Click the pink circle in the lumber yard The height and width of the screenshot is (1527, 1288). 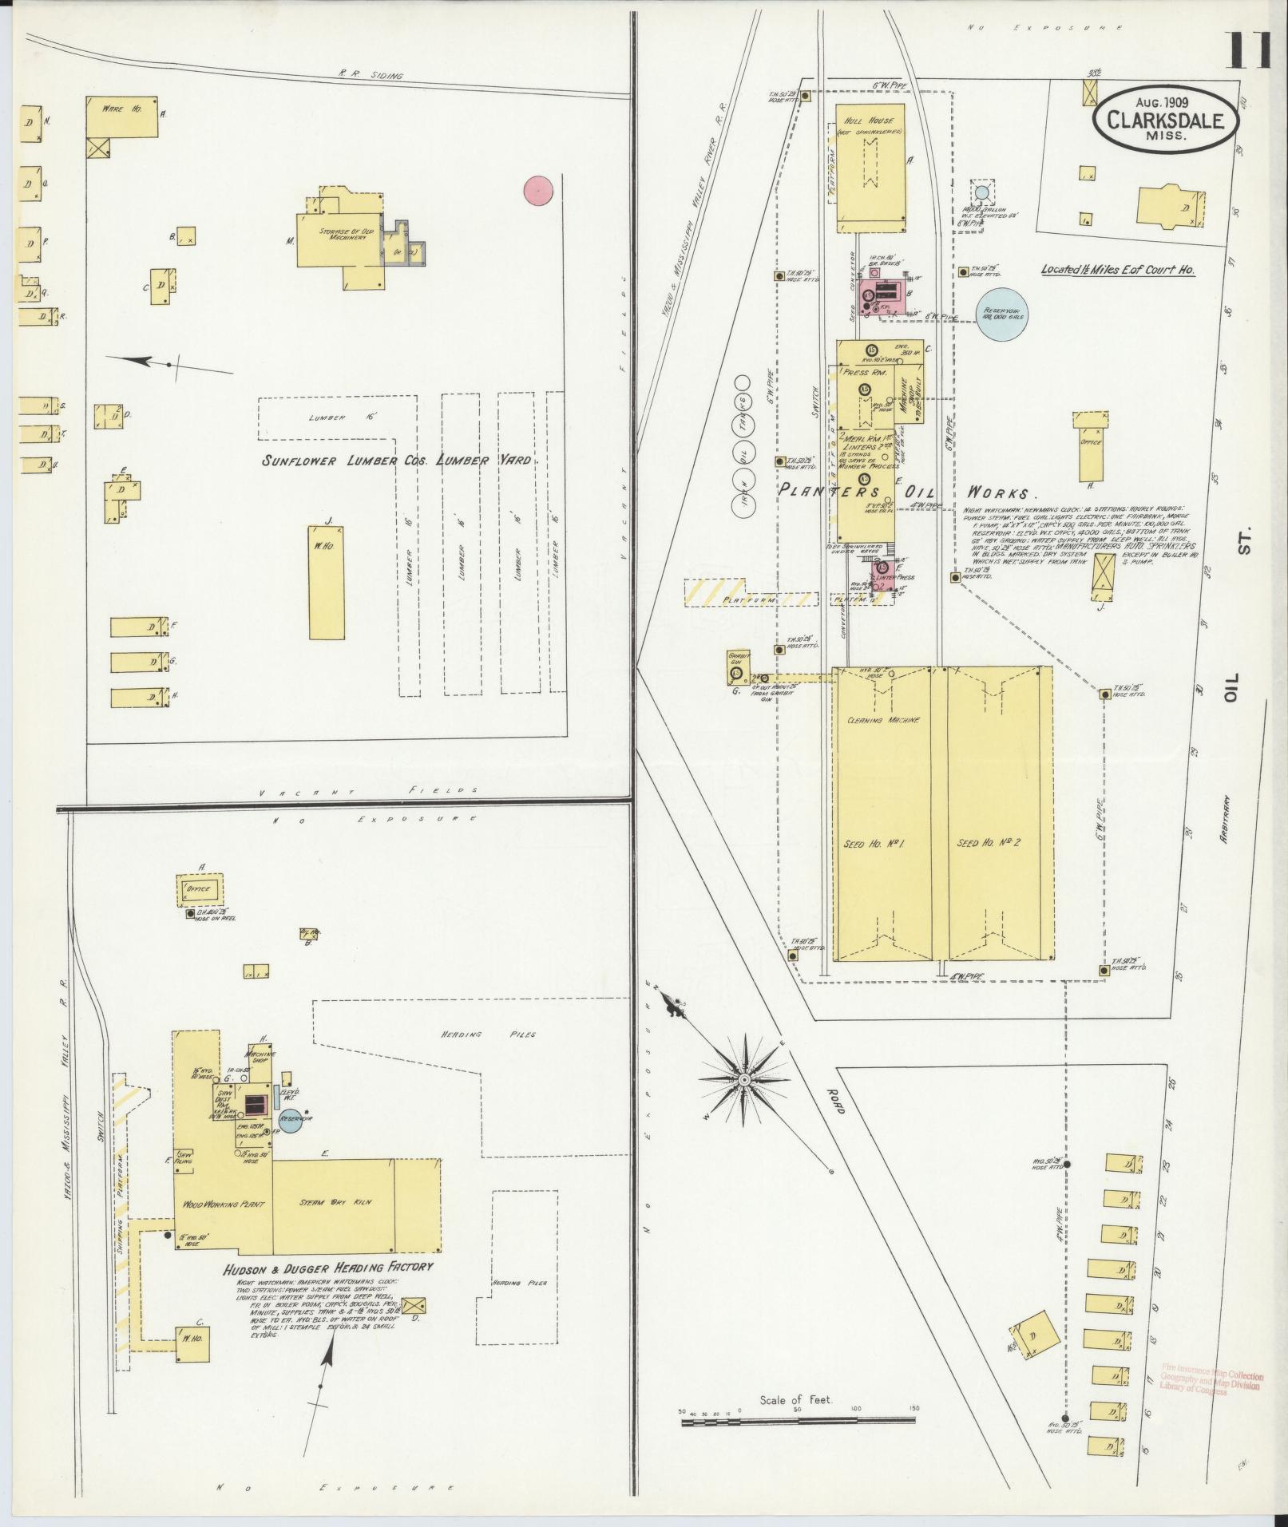coord(538,190)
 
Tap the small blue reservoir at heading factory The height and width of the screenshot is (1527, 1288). coord(291,1120)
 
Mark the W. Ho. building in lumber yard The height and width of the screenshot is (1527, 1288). coord(327,580)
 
